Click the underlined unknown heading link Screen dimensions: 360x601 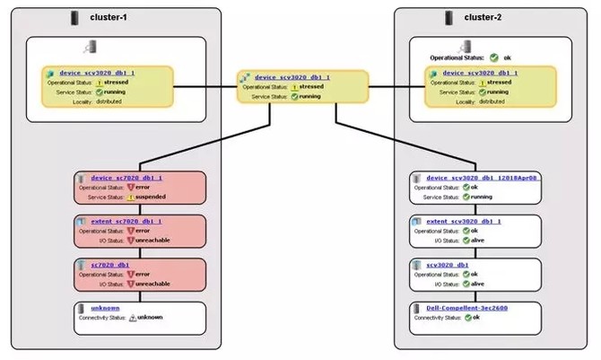[x=105, y=308]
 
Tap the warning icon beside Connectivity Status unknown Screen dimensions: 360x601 [x=132, y=318]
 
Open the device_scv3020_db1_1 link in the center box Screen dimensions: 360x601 [x=292, y=77]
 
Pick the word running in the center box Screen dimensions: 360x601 [x=309, y=96]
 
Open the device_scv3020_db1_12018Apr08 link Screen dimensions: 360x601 [x=482, y=178]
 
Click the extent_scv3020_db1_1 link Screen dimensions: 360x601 [x=463, y=220]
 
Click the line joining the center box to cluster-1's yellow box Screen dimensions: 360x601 [x=205, y=85]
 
